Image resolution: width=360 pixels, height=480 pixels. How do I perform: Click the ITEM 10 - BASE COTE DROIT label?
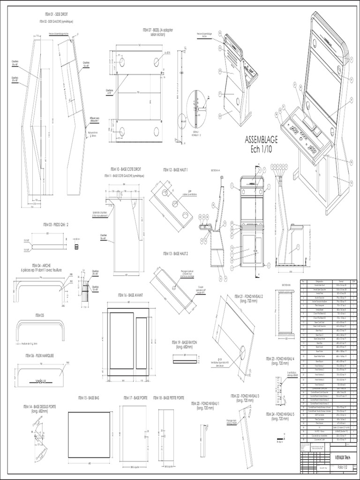pos(124,168)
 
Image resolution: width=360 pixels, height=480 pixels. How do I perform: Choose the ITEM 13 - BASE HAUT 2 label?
pos(175,253)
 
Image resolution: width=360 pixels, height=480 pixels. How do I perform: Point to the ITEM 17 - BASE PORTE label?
pos(135,397)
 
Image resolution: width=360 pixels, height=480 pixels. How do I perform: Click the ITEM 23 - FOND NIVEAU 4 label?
pos(280,359)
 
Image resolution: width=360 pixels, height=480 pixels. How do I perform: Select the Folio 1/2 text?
pos(343,467)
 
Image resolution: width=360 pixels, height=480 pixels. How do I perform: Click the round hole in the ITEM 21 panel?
pos(244,352)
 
